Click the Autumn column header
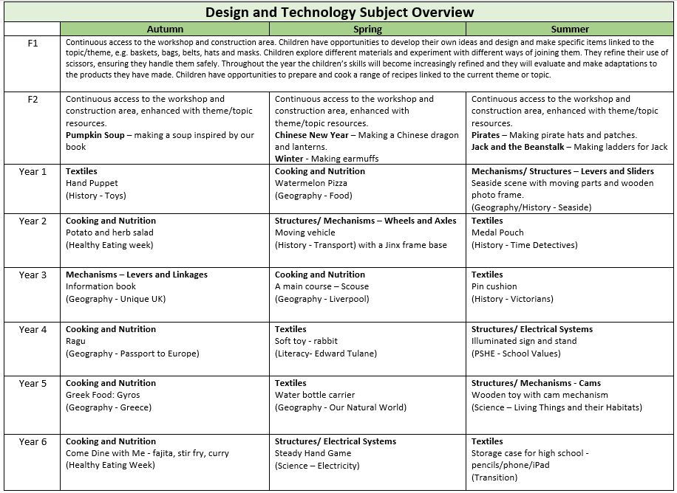(x=165, y=30)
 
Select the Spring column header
(x=367, y=30)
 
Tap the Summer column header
(x=570, y=30)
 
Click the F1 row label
(x=33, y=44)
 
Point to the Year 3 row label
(x=33, y=275)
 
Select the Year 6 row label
(x=33, y=442)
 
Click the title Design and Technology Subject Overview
(x=339, y=13)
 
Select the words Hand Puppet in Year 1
(x=92, y=183)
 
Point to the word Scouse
(x=355, y=286)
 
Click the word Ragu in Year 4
(x=75, y=341)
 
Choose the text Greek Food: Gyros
(x=103, y=395)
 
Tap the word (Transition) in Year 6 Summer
(x=494, y=478)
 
